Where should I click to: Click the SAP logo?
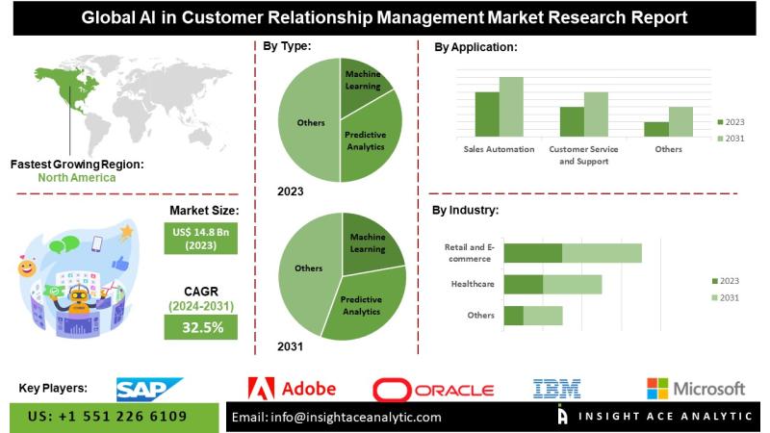click(x=148, y=389)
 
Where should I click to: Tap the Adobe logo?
click(x=293, y=389)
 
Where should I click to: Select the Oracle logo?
click(x=433, y=390)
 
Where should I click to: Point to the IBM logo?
click(x=557, y=389)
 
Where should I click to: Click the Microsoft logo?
click(x=696, y=389)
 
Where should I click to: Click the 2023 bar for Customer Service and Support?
click(x=572, y=120)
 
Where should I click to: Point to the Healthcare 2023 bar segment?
click(x=524, y=285)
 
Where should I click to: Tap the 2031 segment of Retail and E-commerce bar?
click(x=602, y=253)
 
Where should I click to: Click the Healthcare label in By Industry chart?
click(x=472, y=285)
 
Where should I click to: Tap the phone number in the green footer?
click(x=109, y=417)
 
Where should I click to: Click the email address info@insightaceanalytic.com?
click(x=337, y=418)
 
